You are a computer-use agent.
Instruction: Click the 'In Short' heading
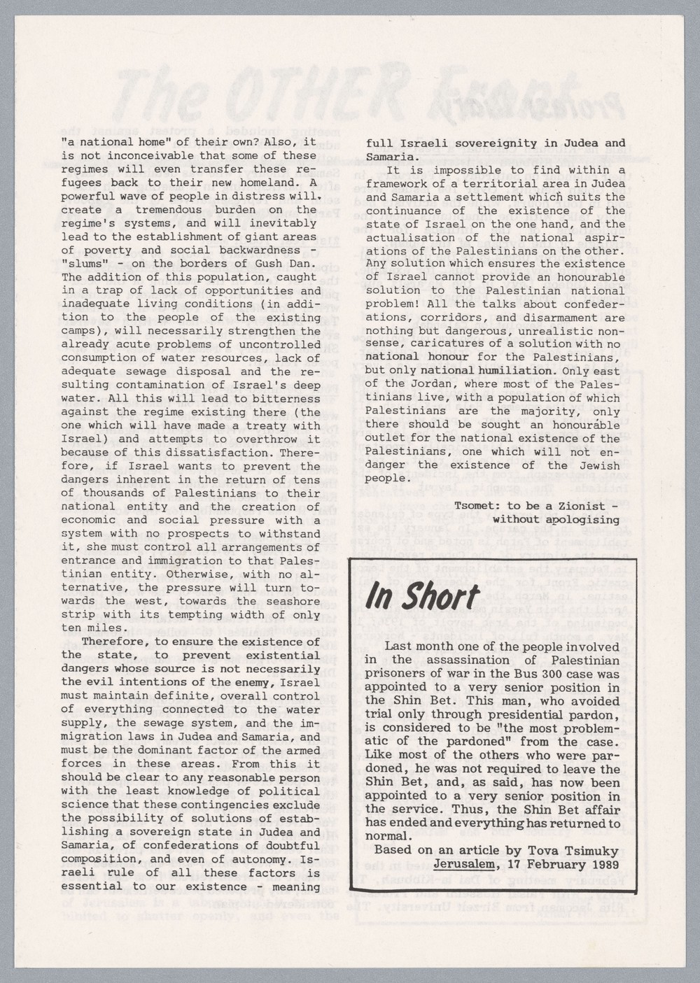(423, 596)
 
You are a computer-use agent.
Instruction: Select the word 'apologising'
(586, 519)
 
